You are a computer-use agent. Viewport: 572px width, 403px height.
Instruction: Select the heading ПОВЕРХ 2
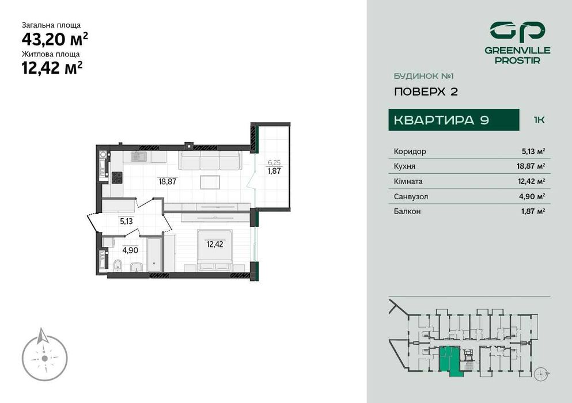pyautogui.click(x=426, y=92)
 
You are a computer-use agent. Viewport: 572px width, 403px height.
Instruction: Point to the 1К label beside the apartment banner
pyautogui.click(x=539, y=120)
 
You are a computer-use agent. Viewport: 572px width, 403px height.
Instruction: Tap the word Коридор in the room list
pyautogui.click(x=410, y=151)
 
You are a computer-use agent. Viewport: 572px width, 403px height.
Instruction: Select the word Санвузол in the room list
pyautogui.click(x=411, y=196)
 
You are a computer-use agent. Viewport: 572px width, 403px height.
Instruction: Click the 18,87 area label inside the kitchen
pyautogui.click(x=167, y=180)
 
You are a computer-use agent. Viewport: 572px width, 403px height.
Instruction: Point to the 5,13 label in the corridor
pyautogui.click(x=127, y=219)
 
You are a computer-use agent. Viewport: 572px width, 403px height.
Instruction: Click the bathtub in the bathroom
pyautogui.click(x=155, y=254)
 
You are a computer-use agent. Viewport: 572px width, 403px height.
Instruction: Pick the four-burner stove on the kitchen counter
pyautogui.click(x=116, y=178)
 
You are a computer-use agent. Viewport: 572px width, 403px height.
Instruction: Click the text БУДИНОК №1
pyautogui.click(x=420, y=75)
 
